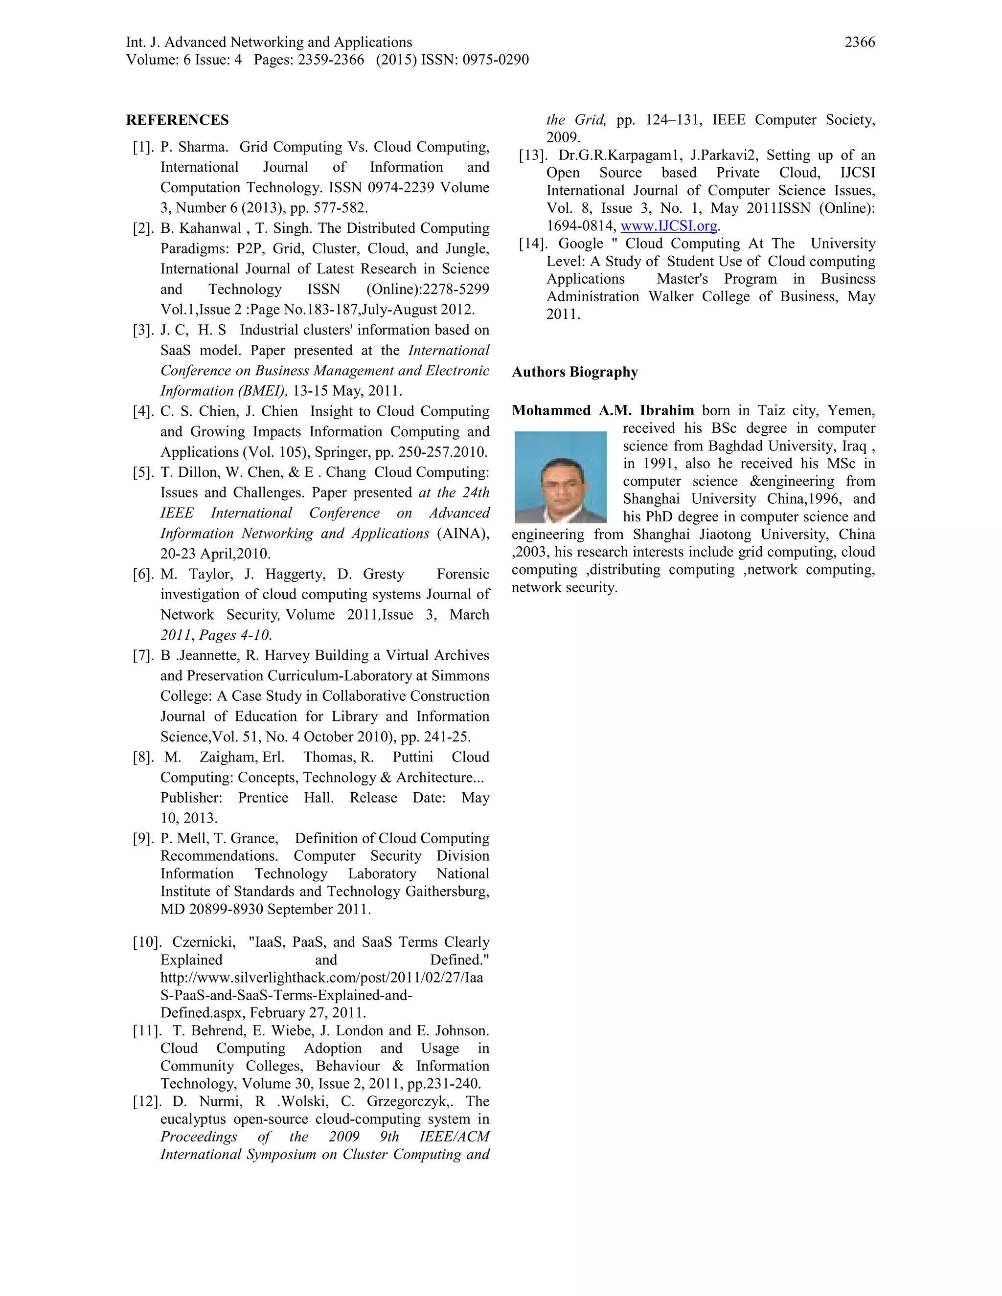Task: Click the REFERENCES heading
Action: pos(177,120)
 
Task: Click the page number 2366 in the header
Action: pos(859,42)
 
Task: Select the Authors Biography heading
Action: pos(574,372)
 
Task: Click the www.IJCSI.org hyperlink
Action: pos(669,226)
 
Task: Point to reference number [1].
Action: pos(143,147)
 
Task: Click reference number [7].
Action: pos(143,656)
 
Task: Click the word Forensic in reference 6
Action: pos(462,575)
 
